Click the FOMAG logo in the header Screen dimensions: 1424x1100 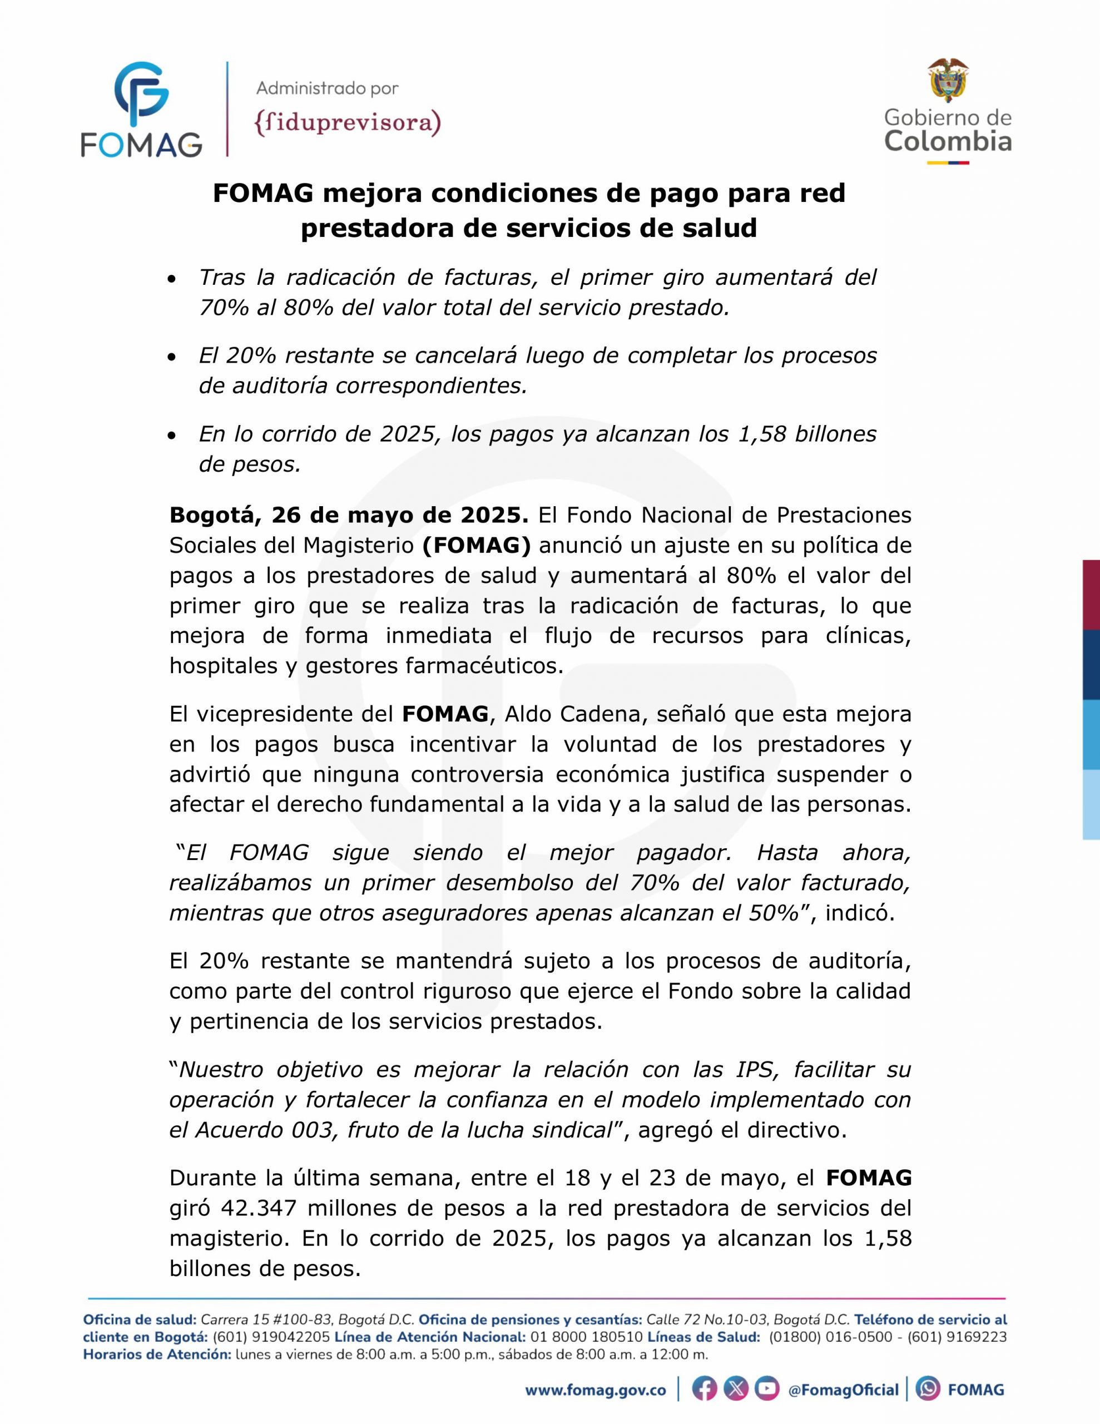(x=141, y=109)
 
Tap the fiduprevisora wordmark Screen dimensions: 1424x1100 (x=348, y=122)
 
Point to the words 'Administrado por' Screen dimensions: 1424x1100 (x=328, y=87)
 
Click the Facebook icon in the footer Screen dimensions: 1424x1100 (x=704, y=1390)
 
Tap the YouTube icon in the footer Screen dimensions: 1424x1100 (x=767, y=1390)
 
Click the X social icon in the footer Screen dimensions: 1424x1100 (x=736, y=1390)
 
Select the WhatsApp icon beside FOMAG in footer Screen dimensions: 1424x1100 (x=928, y=1390)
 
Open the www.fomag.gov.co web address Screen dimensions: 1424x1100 (x=595, y=1391)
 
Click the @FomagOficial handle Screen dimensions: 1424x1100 (x=843, y=1391)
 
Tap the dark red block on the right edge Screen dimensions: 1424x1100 (x=1091, y=595)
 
